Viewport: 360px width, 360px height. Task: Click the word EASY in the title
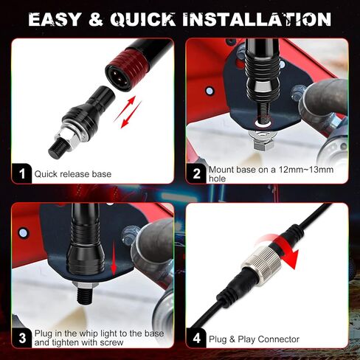click(x=55, y=19)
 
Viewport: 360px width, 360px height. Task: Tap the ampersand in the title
click(x=96, y=19)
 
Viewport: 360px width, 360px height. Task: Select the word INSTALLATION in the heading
click(x=257, y=19)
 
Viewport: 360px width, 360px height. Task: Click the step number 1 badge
click(x=22, y=173)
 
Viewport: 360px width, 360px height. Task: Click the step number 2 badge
click(x=196, y=173)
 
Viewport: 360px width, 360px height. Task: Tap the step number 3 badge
click(x=22, y=338)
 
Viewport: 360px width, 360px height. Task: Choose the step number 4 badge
click(x=196, y=338)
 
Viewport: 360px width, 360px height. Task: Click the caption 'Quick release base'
click(x=73, y=174)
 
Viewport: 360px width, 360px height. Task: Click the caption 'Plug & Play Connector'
click(x=254, y=339)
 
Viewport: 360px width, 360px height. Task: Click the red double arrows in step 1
click(x=128, y=112)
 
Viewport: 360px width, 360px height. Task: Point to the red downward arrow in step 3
click(x=114, y=257)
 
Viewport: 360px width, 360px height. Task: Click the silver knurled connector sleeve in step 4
click(x=261, y=260)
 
